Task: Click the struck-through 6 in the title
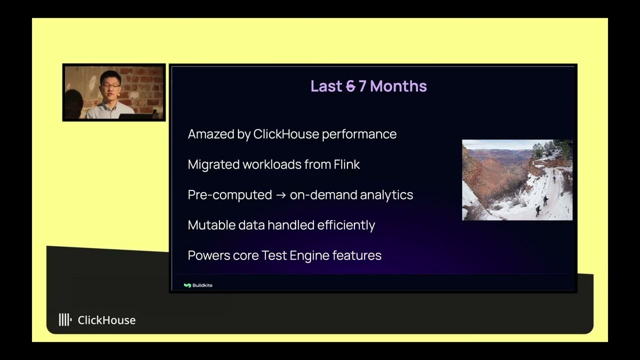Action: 350,86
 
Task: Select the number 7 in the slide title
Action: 362,86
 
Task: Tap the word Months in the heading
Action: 398,86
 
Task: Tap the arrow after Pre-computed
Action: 280,195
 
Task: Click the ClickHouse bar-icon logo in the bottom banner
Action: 65,320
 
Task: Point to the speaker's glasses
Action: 111,86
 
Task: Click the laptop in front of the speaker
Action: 135,117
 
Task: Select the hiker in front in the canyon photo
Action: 538,210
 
